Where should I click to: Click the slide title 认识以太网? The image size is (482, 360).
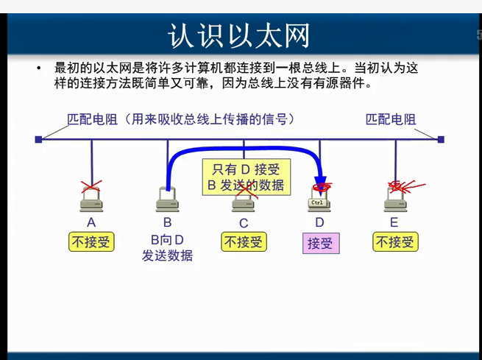click(239, 35)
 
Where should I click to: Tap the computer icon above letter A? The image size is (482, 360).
click(91, 198)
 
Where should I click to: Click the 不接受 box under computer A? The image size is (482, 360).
click(91, 241)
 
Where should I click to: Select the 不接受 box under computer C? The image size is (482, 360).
click(244, 241)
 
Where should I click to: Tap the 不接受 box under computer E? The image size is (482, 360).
click(395, 241)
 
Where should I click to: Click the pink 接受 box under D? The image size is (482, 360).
click(319, 243)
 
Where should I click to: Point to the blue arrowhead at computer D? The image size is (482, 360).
click(320, 183)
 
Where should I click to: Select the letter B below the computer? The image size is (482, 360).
click(167, 222)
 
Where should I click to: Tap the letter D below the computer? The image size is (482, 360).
click(319, 222)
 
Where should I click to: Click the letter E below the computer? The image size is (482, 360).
click(394, 222)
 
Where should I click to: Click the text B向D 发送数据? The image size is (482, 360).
click(167, 247)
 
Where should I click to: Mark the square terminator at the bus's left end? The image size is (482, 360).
click(38, 139)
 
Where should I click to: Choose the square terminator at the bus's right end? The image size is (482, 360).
click(441, 139)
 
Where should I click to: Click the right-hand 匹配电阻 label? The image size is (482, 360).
click(391, 119)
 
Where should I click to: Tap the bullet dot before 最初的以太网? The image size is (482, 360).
click(38, 68)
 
